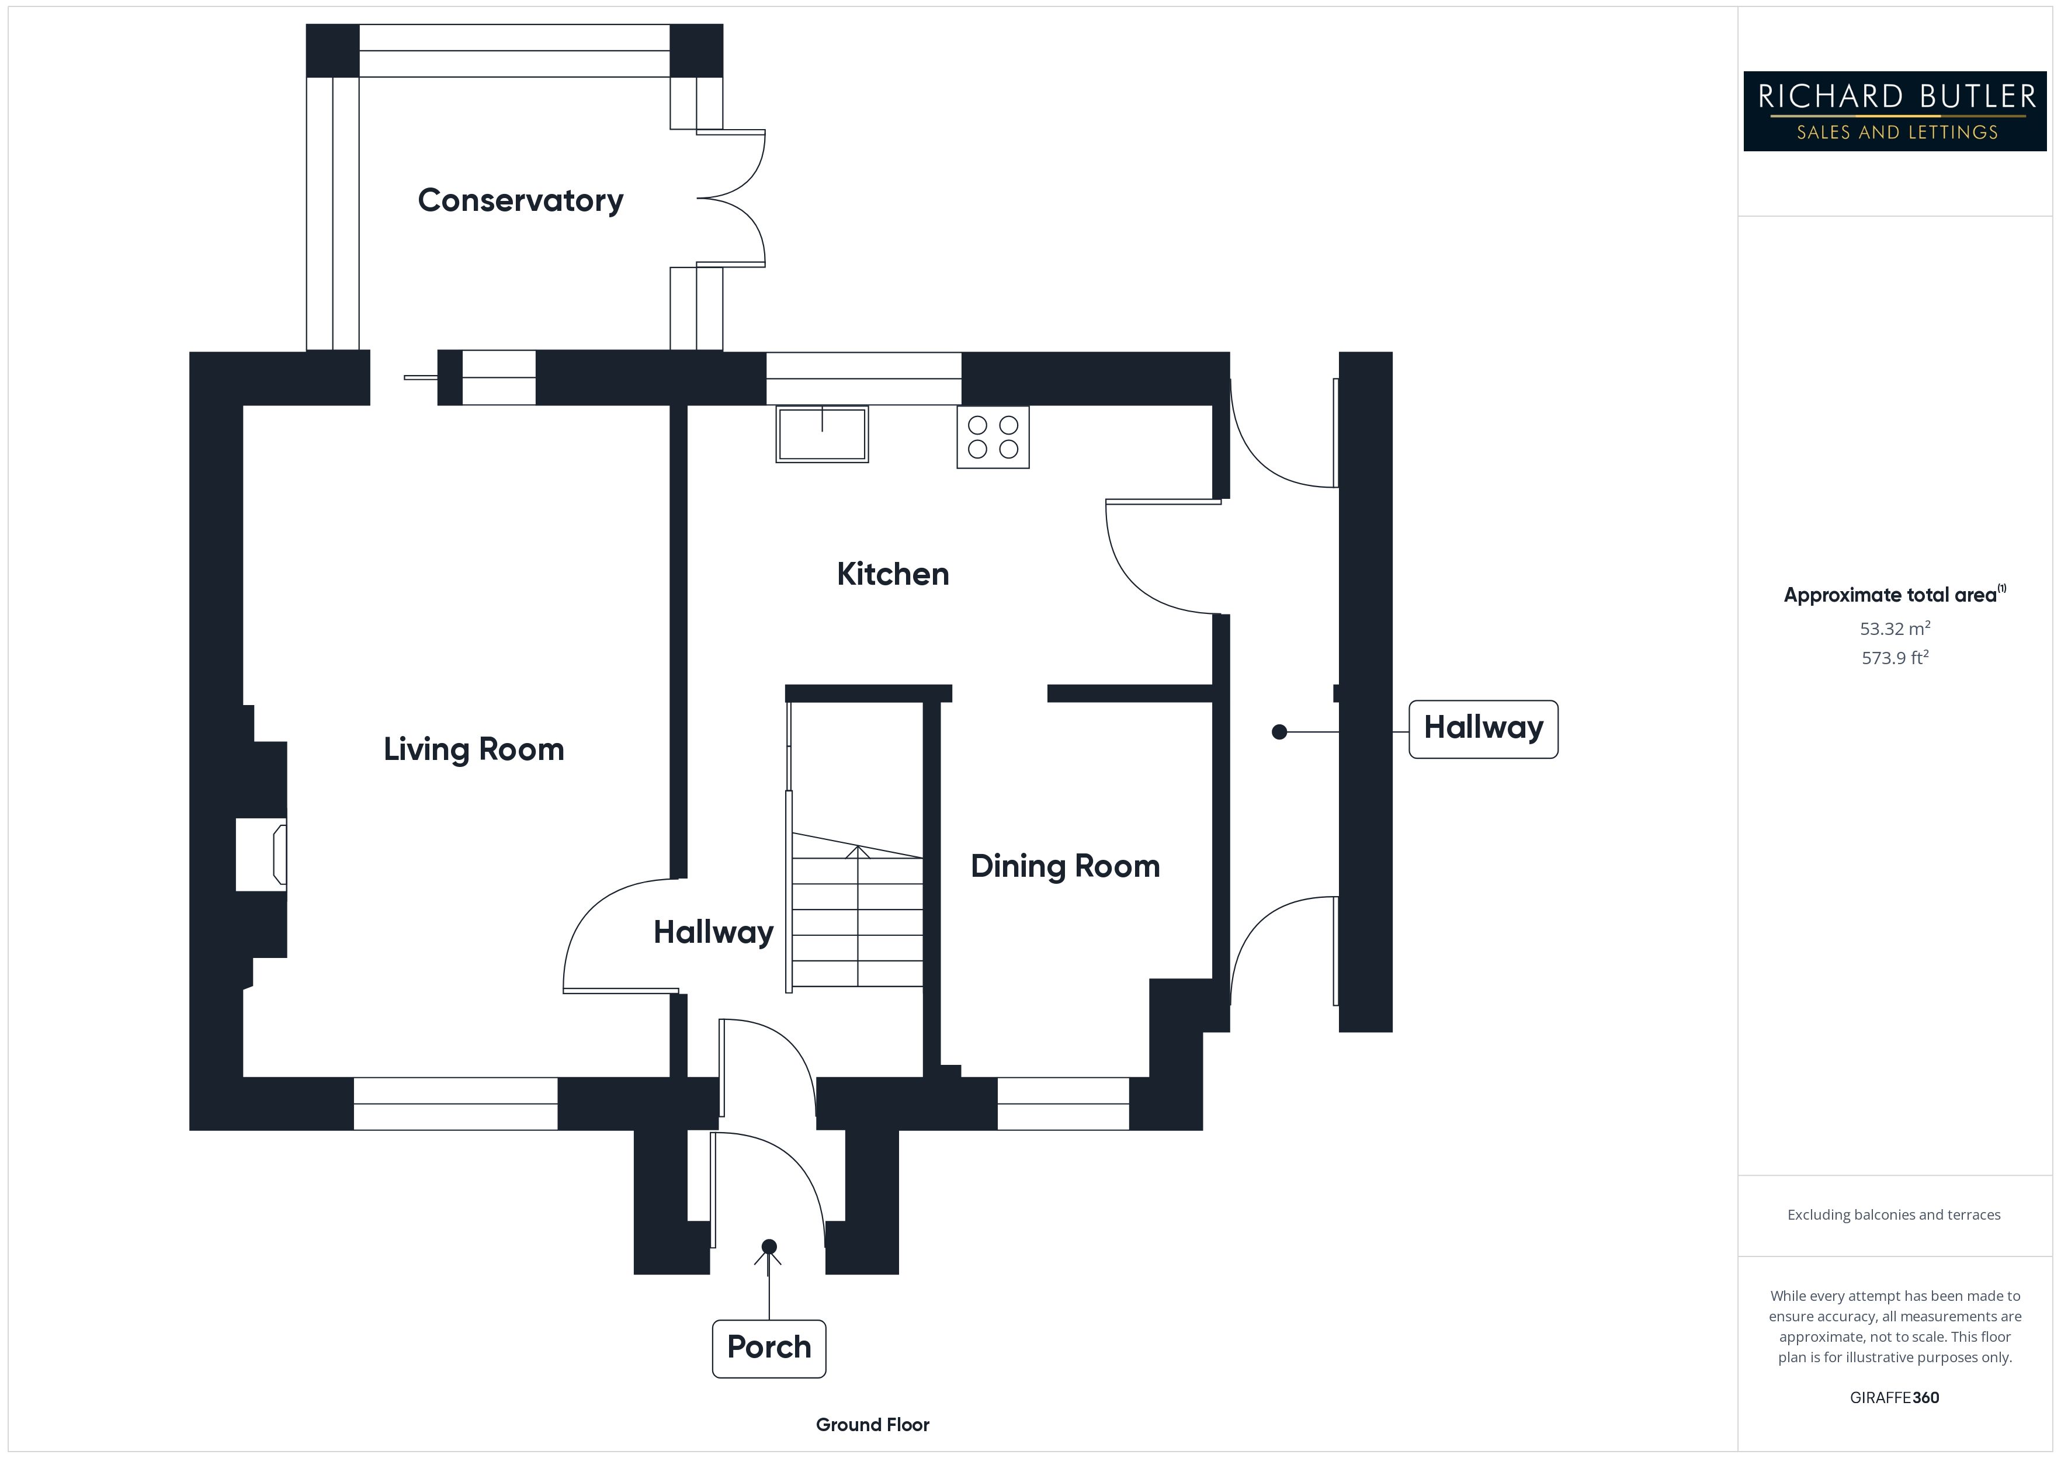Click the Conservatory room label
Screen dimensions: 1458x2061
point(520,200)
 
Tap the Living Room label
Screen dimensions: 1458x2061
point(473,749)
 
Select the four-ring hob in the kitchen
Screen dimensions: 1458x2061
point(993,437)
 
